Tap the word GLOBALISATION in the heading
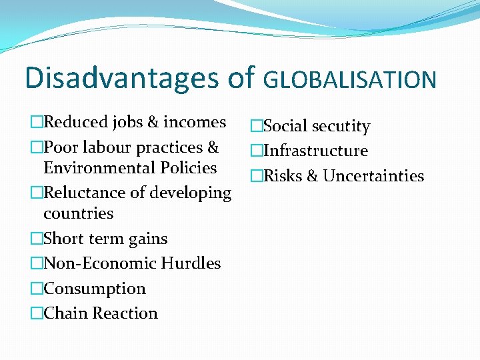click(350, 80)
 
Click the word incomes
click(195, 122)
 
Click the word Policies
click(189, 168)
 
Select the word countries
click(78, 214)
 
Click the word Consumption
click(94, 289)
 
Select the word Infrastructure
click(315, 151)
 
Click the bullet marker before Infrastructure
click(256, 151)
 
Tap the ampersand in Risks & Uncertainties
click(311, 176)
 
